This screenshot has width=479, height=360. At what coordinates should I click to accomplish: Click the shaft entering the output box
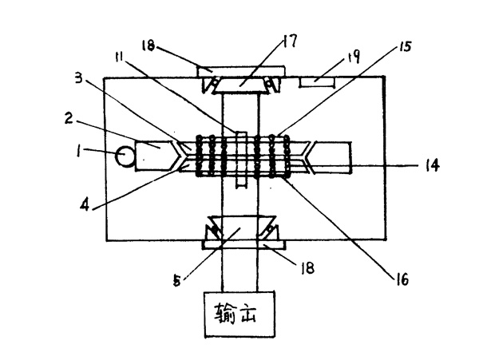click(x=239, y=275)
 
